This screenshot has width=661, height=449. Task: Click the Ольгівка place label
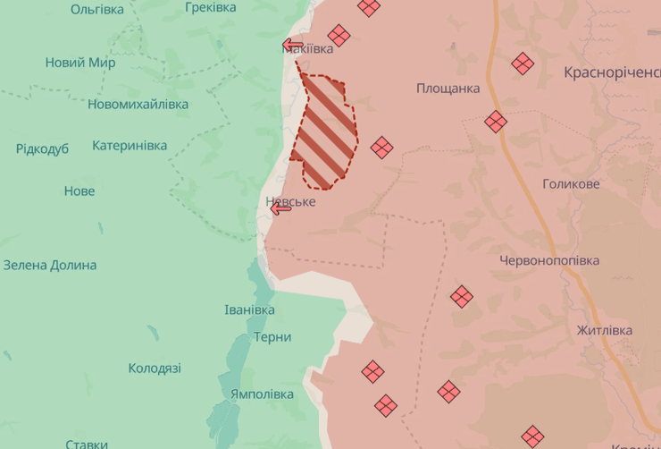[97, 9]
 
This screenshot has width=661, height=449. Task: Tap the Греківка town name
[211, 7]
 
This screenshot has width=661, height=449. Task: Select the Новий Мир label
[80, 63]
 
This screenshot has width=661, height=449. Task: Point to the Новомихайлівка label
[138, 105]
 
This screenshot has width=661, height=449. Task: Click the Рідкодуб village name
[42, 148]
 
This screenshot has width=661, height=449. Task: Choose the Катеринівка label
[130, 145]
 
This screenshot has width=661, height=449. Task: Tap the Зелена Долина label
[50, 265]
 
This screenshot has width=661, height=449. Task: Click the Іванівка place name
[250, 309]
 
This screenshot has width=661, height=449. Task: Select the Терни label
[272, 337]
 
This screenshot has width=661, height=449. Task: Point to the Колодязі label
[155, 368]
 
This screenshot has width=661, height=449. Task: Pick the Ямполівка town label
[262, 394]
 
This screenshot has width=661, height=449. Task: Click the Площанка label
[448, 88]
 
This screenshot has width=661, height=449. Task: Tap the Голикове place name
[571, 184]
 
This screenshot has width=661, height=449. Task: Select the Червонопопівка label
[549, 259]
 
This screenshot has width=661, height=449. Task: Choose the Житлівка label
[604, 330]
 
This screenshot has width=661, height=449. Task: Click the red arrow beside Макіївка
[292, 45]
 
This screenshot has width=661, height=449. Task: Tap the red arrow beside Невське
[280, 208]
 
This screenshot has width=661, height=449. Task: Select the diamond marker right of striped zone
[382, 148]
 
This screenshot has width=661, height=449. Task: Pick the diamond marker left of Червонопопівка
[462, 296]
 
